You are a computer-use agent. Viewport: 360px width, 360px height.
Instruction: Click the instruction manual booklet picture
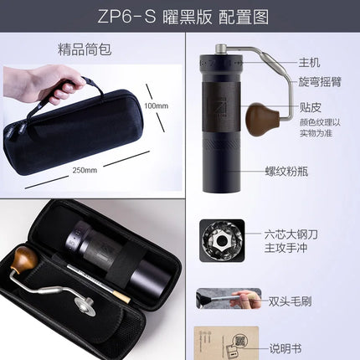pyautogui.click(x=220, y=343)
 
